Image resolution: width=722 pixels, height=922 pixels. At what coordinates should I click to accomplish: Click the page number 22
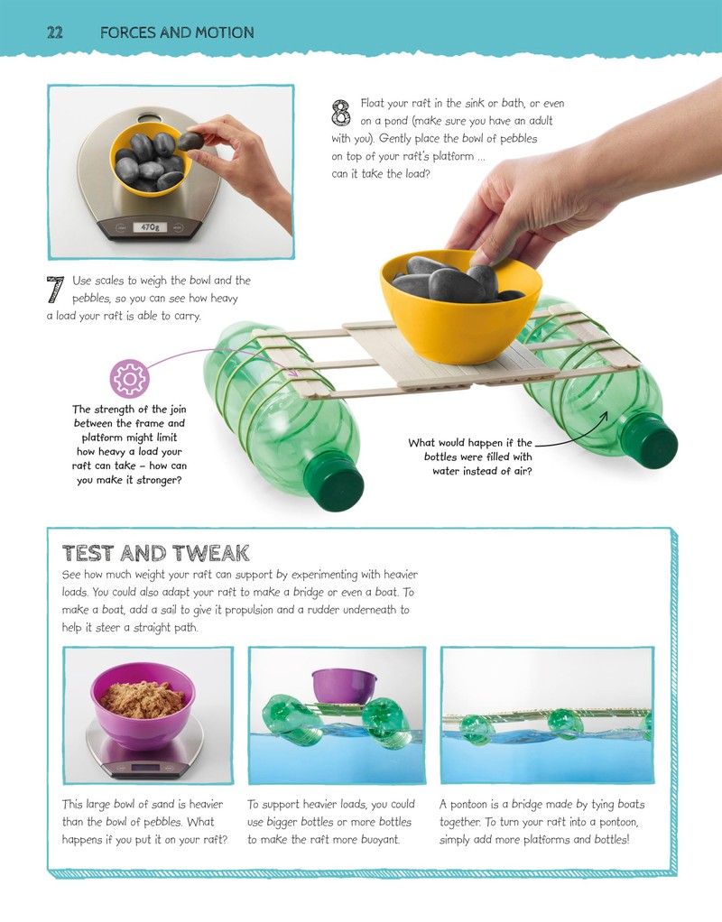pyautogui.click(x=55, y=32)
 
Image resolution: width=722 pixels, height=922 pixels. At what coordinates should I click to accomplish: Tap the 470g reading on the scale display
pyautogui.click(x=150, y=227)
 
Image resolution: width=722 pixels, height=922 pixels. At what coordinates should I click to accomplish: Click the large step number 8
pyautogui.click(x=341, y=113)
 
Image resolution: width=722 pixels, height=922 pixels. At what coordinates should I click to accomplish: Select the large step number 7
pyautogui.click(x=55, y=290)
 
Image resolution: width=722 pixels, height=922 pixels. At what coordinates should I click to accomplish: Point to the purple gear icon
pyautogui.click(x=129, y=379)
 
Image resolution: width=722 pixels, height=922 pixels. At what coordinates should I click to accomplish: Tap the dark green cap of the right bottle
pyautogui.click(x=649, y=440)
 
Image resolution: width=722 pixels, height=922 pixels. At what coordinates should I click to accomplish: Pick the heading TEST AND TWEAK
pyautogui.click(x=156, y=553)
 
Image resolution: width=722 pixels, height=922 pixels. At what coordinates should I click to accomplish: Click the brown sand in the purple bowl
pyautogui.click(x=143, y=699)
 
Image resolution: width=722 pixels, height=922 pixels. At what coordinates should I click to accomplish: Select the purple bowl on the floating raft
pyautogui.click(x=344, y=686)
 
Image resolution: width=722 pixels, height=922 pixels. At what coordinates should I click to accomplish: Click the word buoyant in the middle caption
pyautogui.click(x=378, y=840)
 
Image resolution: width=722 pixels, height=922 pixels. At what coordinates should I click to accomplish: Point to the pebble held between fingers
pyautogui.click(x=190, y=141)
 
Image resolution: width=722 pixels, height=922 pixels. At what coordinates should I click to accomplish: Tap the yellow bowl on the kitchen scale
pyautogui.click(x=151, y=160)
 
